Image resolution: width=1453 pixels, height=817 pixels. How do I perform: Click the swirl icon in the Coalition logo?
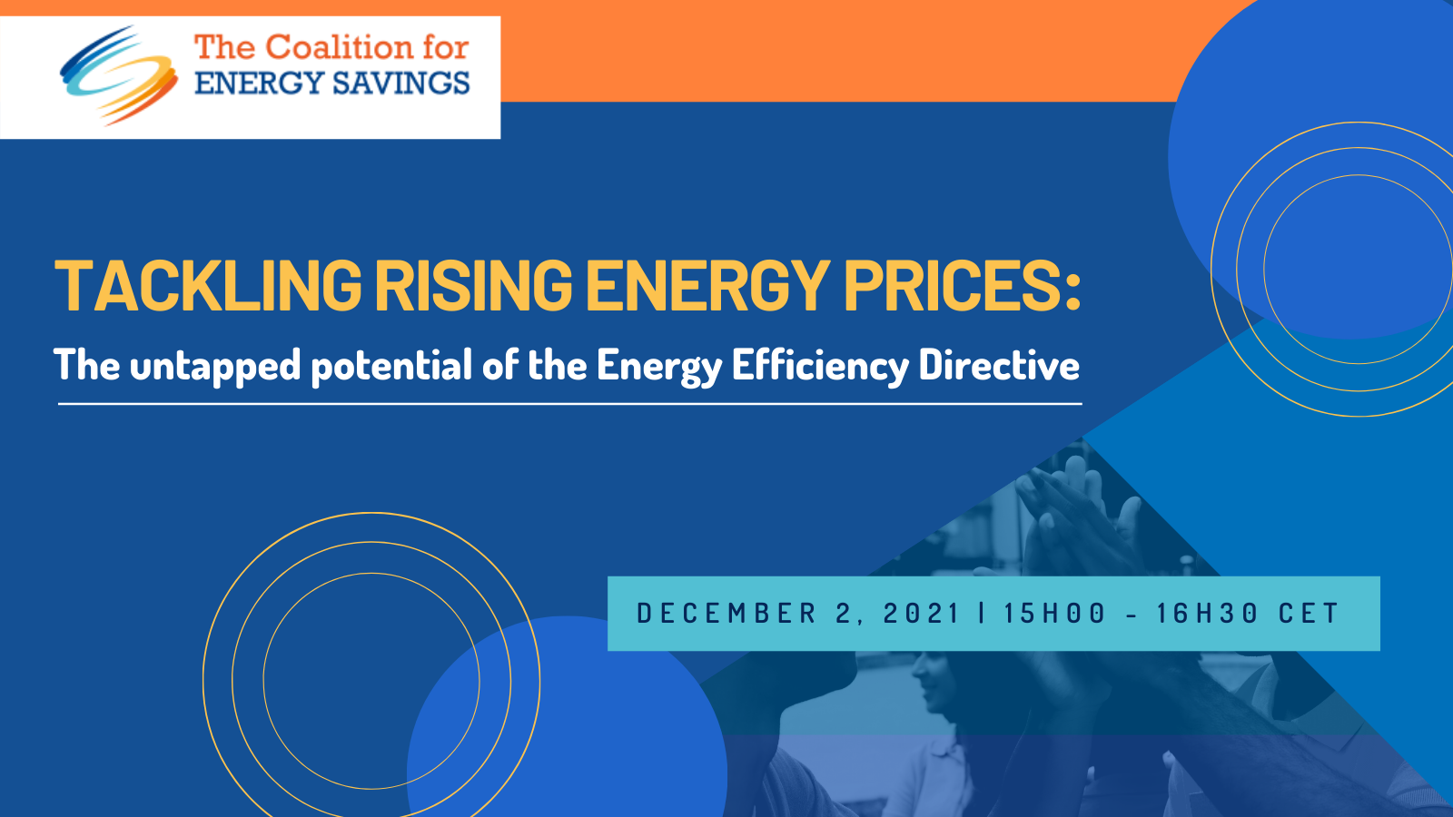118,75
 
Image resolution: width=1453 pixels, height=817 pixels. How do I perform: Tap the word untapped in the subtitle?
214,366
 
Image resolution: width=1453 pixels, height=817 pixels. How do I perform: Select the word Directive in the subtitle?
999,366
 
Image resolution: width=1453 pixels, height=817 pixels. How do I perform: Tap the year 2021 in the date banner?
921,614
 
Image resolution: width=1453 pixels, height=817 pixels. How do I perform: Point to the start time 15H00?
1054,614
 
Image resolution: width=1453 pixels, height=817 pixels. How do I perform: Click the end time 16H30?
1207,614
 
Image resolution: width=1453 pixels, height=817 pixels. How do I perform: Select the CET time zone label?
1309,614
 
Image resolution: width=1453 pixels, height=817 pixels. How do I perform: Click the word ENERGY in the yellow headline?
707,286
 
